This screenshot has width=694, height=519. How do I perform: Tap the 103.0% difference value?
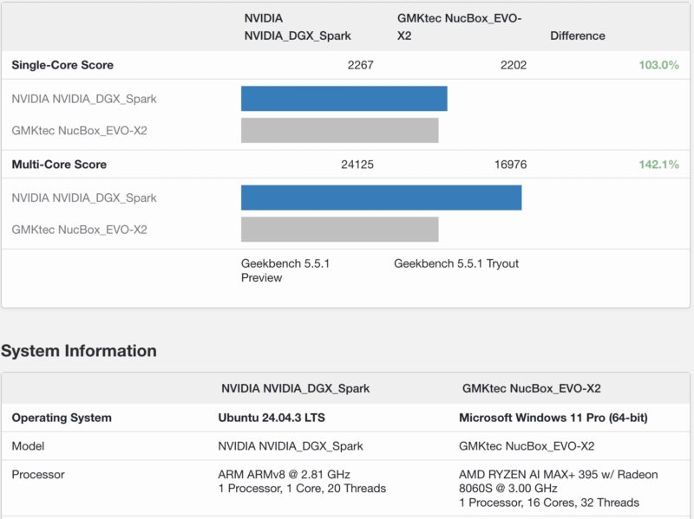pyautogui.click(x=658, y=65)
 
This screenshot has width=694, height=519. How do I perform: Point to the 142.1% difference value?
pyautogui.click(x=658, y=165)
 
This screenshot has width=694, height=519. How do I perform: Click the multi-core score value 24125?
pyautogui.click(x=357, y=165)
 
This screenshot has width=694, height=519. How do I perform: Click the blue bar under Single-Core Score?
pyautogui.click(x=344, y=99)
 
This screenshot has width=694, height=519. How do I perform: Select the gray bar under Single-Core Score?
pyautogui.click(x=339, y=131)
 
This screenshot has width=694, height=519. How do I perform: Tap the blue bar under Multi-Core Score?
pyautogui.click(x=381, y=198)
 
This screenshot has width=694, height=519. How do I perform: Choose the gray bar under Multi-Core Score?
pyautogui.click(x=339, y=230)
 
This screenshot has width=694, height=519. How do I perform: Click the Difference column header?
pyautogui.click(x=577, y=36)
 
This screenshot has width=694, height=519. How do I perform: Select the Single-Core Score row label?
pyautogui.click(x=62, y=65)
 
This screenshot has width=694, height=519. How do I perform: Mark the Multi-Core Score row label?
pyautogui.click(x=59, y=165)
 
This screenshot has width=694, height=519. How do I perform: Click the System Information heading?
pyautogui.click(x=79, y=351)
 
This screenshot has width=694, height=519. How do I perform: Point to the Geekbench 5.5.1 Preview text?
pyautogui.click(x=285, y=270)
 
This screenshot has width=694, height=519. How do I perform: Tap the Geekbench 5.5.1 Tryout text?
pyautogui.click(x=456, y=263)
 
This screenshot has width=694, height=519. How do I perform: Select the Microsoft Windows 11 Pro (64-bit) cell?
pyautogui.click(x=553, y=418)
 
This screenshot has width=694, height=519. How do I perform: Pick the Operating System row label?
pyautogui.click(x=62, y=418)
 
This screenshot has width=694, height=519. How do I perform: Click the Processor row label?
pyautogui.click(x=38, y=475)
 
